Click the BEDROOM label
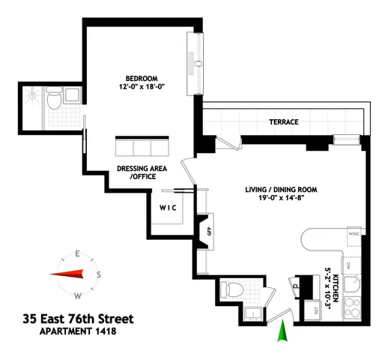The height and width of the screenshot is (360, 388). point(139,77)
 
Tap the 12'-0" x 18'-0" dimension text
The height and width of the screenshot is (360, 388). point(139,86)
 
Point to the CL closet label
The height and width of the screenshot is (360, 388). point(295,285)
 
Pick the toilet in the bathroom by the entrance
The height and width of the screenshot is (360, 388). point(231,289)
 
